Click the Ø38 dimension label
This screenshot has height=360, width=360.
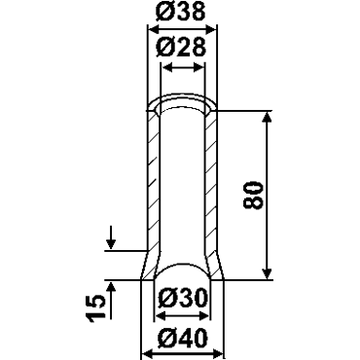[x=181, y=12]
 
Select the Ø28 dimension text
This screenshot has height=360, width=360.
[x=181, y=48]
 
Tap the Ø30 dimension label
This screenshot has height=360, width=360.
[x=182, y=299]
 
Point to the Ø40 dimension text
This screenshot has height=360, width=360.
[x=182, y=338]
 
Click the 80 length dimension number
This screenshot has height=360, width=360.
[x=253, y=196]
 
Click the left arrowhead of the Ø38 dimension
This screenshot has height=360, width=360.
[x=153, y=30]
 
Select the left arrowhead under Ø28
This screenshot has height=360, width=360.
[x=166, y=68]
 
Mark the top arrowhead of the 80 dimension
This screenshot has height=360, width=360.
[x=267, y=117]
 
